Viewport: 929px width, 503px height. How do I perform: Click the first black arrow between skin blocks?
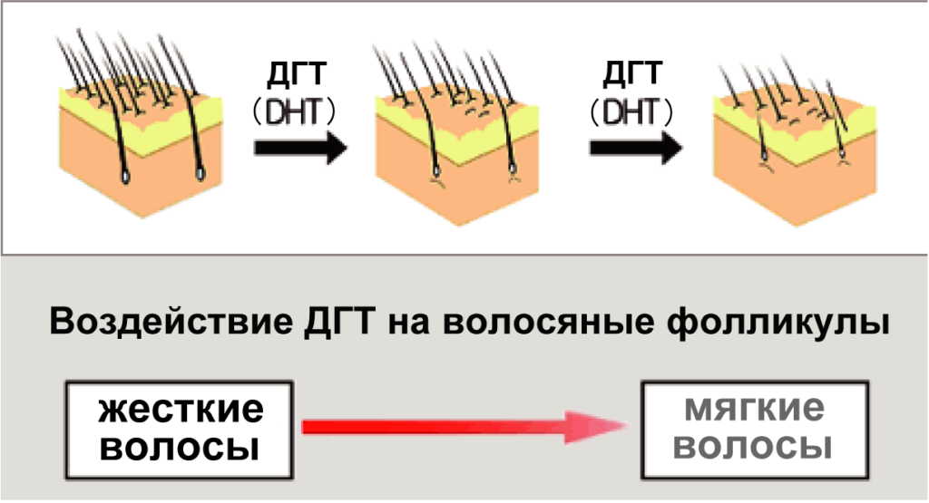(298, 147)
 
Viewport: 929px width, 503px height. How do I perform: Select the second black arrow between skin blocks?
(633, 147)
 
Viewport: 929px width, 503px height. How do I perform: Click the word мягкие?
(754, 410)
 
